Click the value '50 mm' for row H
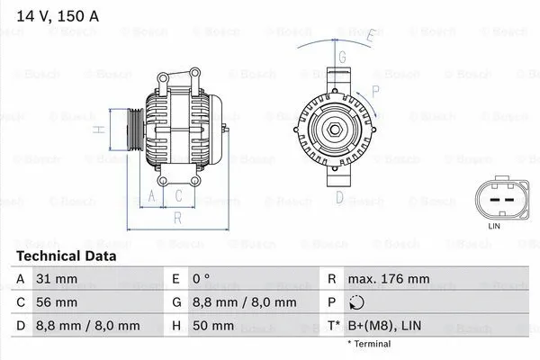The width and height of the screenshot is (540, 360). click(217, 326)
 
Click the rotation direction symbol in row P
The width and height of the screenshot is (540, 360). click(357, 304)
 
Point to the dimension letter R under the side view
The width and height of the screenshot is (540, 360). click(177, 217)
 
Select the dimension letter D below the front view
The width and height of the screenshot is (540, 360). click(339, 196)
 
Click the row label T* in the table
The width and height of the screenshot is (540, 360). click(334, 326)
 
